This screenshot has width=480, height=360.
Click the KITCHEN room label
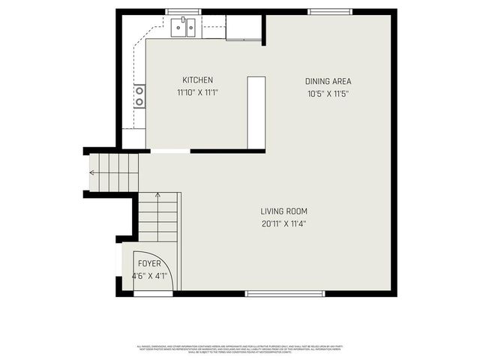point(198,80)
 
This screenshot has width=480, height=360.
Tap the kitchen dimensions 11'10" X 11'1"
point(198,93)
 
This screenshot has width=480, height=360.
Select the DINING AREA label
point(328,81)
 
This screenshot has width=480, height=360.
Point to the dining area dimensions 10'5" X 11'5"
point(328,94)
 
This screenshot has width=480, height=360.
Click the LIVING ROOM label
point(284,211)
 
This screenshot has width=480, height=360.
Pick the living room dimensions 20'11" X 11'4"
point(284,223)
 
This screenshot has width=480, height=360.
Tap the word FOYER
point(149,264)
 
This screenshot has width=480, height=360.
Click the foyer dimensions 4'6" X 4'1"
point(148,276)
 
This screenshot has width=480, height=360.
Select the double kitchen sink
point(183,28)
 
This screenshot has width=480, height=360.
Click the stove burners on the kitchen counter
point(139,96)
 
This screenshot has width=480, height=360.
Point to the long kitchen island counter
point(256,112)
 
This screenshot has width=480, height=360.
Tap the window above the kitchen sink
point(183,11)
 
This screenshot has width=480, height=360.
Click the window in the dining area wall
point(330,11)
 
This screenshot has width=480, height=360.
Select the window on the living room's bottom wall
point(285,293)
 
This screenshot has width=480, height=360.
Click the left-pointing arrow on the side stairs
point(92,172)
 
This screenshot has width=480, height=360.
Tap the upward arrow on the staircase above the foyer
point(157,196)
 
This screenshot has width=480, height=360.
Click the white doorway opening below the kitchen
point(170,151)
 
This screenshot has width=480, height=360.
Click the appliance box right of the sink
point(244,28)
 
